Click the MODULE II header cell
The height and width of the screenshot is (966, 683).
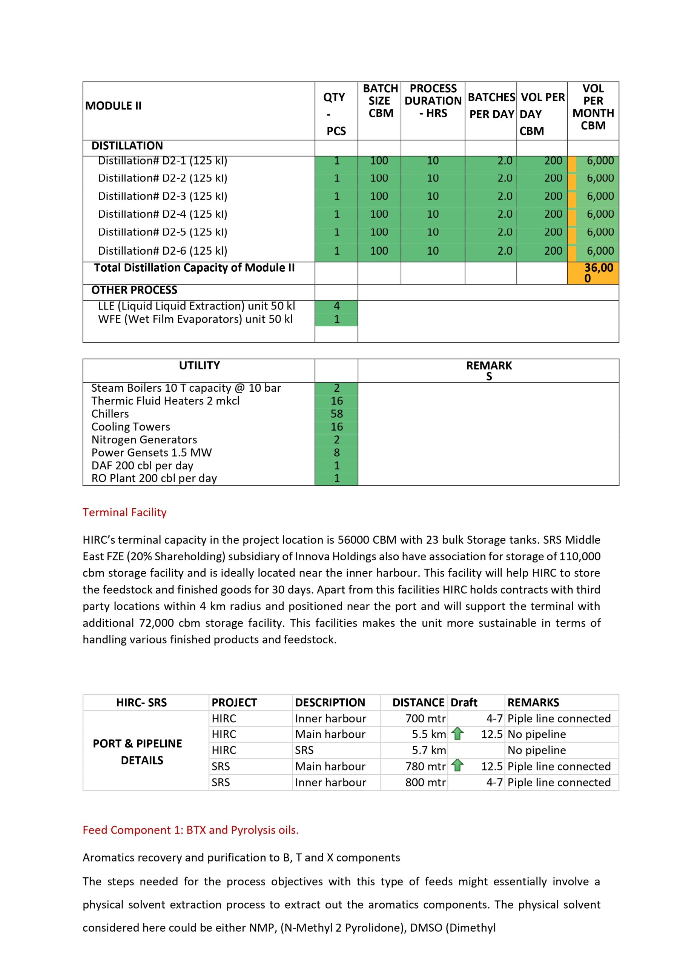point(114,106)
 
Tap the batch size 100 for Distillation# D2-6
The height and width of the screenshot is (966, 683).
point(379,251)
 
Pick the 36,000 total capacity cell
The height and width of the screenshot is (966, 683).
point(593,273)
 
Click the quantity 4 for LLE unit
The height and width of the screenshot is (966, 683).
point(336,306)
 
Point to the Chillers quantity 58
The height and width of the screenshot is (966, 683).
point(336,414)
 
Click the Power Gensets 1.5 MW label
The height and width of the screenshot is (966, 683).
point(151,453)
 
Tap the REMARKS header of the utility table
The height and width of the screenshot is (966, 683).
point(488,370)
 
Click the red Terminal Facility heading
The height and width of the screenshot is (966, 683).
point(124,512)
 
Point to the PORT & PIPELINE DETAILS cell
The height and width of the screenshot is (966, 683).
point(138,752)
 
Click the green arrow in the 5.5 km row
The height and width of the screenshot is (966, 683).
point(457,734)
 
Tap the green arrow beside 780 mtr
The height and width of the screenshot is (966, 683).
point(457,766)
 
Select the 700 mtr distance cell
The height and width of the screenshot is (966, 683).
point(425,718)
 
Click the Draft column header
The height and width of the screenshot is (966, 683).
point(464,702)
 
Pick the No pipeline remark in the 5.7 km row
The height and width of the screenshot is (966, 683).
point(536,750)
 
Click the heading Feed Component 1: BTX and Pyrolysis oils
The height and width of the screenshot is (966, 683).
point(190,830)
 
